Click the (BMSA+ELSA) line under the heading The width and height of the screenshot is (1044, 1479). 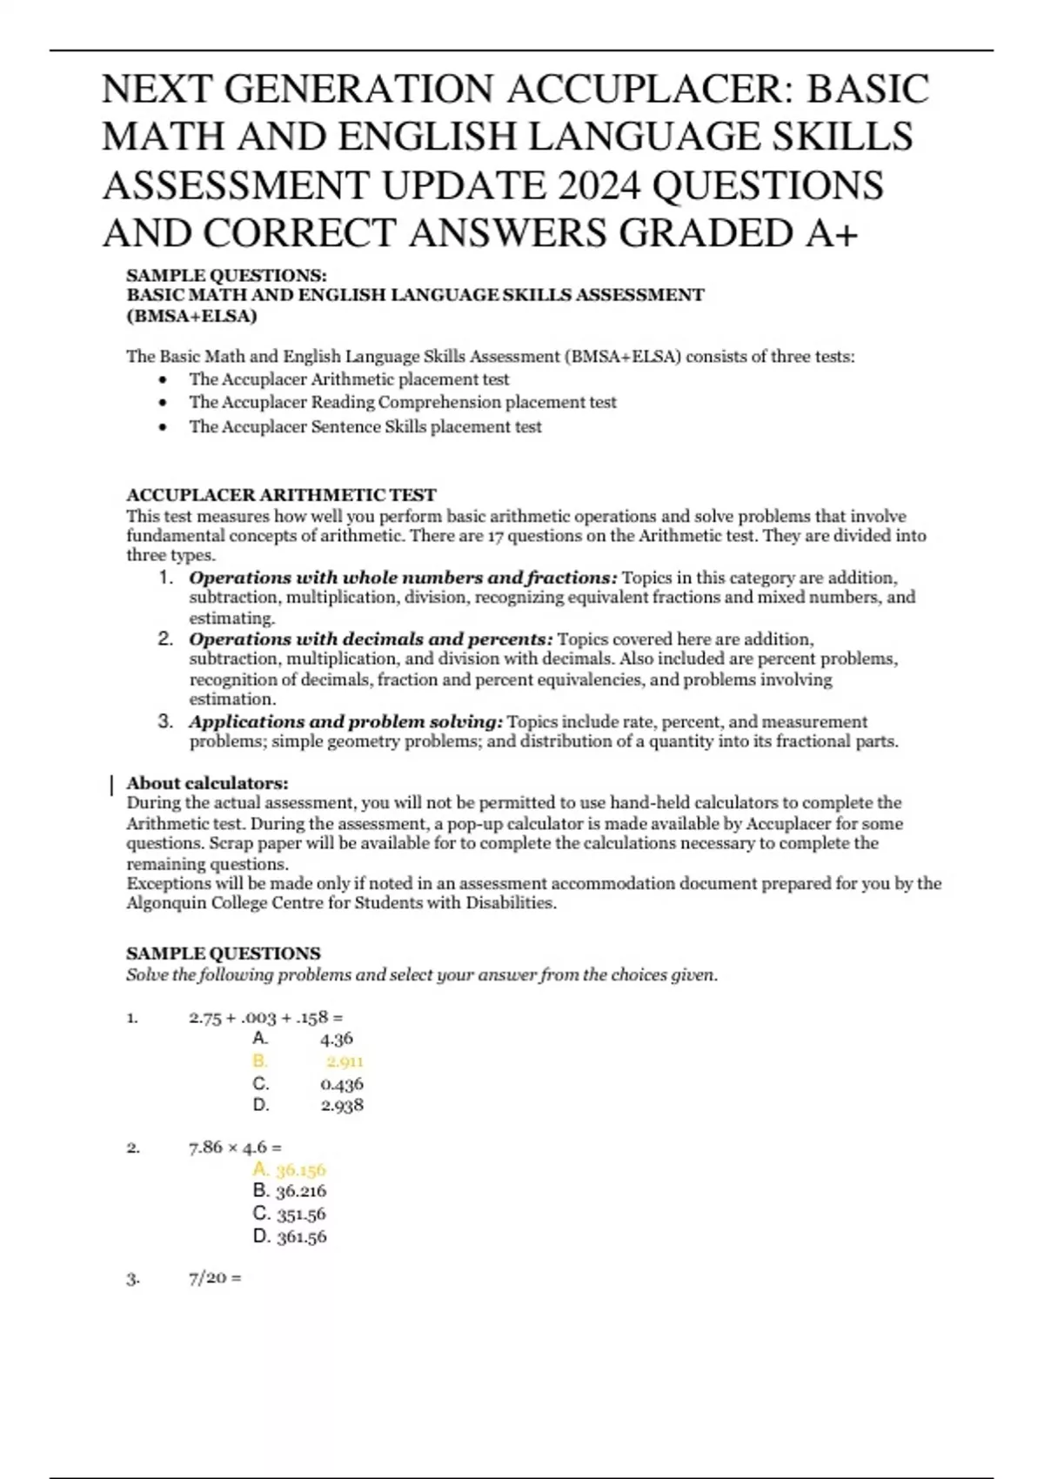[x=191, y=316]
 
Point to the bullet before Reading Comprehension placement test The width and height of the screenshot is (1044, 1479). [x=163, y=403]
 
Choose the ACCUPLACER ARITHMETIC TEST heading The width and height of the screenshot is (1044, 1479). [x=281, y=495]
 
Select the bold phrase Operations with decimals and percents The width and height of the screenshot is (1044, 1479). [x=371, y=639]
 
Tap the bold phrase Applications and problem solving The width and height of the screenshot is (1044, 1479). [x=345, y=722]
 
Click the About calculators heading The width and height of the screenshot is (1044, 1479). [x=207, y=783]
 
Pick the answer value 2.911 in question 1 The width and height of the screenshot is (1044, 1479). [x=345, y=1061]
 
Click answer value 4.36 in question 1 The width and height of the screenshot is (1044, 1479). [x=337, y=1039]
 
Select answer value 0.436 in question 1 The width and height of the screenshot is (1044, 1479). [x=342, y=1084]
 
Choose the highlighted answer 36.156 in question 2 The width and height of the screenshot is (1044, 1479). [x=300, y=1170]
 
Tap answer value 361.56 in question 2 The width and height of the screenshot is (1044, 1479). [x=301, y=1236]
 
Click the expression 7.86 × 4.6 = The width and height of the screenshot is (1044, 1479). [x=235, y=1148]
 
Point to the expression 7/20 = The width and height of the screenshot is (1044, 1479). [x=215, y=1278]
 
